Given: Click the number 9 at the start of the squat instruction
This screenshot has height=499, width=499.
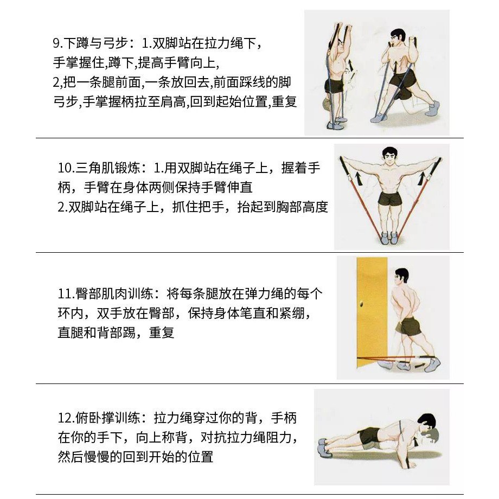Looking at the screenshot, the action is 56,43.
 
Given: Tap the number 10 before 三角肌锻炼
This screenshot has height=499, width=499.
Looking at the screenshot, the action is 65,168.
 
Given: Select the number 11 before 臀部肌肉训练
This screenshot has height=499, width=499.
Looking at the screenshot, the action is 65,293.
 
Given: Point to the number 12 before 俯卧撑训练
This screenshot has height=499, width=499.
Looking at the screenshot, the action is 65,418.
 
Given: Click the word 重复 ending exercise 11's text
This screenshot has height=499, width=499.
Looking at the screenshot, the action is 162,333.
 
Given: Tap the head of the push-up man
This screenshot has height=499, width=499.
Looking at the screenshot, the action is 427,425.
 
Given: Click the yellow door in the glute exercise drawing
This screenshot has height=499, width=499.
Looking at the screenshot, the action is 372,312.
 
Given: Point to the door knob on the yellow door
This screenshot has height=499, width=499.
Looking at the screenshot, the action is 362,304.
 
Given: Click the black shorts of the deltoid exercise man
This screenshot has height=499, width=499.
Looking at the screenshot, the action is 389,199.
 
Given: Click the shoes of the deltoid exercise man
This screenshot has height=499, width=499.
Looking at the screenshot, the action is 389,238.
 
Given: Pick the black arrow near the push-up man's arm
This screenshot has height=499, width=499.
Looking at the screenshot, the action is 415,443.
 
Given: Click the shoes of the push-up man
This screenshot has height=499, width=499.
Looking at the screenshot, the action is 323,447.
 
